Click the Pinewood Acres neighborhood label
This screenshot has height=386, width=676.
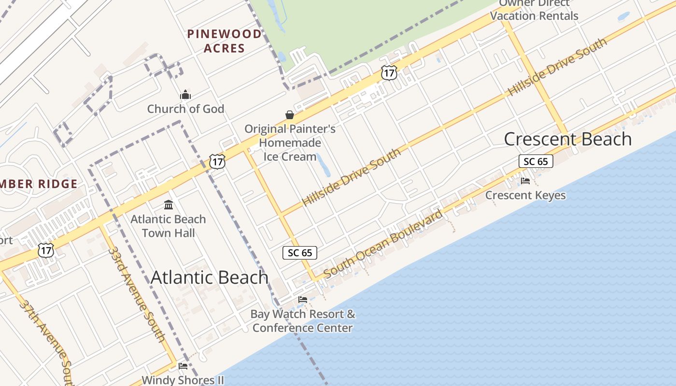point(224,41)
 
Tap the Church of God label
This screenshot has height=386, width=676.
point(185,109)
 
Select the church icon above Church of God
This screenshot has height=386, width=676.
point(185,95)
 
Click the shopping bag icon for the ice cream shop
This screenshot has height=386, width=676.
point(290,115)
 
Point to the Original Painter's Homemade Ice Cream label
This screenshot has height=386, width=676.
point(290,143)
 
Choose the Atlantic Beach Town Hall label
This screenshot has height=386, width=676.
point(168,226)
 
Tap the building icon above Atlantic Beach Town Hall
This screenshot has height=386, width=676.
point(169,205)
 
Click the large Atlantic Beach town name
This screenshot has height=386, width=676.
point(210,277)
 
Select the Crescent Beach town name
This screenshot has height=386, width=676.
point(568,139)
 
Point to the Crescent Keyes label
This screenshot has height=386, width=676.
point(525,195)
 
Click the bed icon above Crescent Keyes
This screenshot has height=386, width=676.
point(525,181)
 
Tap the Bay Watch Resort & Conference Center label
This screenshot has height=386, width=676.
point(303,321)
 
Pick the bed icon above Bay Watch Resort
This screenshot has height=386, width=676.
point(303,300)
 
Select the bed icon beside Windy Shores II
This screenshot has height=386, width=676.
point(183,366)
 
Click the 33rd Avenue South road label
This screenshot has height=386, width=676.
point(137,294)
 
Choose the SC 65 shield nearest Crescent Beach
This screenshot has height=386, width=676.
point(536,161)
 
